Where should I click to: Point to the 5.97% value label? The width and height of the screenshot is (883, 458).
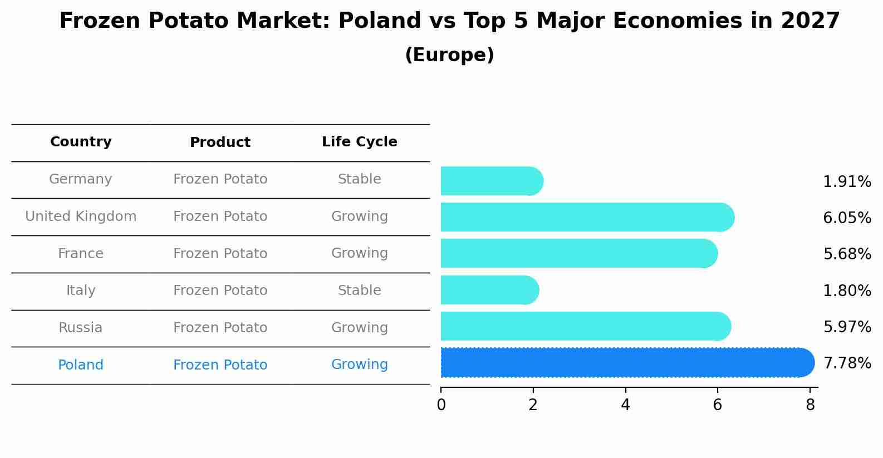point(847,327)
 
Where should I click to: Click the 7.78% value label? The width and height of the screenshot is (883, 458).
point(847,363)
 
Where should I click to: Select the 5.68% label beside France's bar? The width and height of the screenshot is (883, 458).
point(847,254)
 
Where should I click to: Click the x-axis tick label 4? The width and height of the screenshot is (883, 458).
point(625,405)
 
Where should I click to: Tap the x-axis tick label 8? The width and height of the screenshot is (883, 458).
point(810,405)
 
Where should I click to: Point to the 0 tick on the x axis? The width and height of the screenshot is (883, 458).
point(441,405)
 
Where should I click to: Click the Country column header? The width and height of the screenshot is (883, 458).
point(81,142)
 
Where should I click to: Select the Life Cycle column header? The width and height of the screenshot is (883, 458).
point(359,142)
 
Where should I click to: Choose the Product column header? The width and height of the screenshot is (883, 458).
point(220,142)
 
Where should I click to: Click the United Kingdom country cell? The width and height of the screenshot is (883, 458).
point(81,216)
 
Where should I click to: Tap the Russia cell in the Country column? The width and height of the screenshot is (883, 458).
point(81,328)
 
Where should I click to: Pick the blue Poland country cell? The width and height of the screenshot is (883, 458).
point(81,365)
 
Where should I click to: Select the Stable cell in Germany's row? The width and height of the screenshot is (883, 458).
point(359,179)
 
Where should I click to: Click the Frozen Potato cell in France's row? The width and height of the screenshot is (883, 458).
point(220,254)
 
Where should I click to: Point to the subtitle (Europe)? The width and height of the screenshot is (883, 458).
point(449,55)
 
